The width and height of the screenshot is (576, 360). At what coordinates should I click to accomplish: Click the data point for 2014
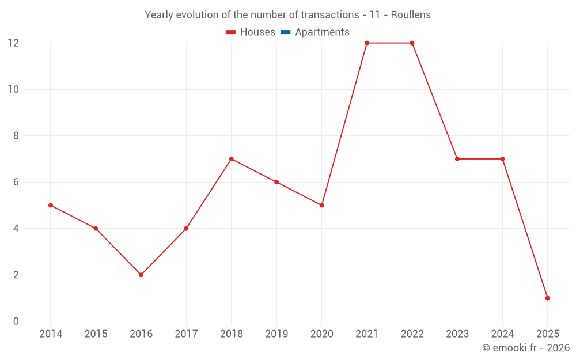click(x=51, y=205)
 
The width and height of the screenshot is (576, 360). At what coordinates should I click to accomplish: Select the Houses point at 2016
click(x=141, y=275)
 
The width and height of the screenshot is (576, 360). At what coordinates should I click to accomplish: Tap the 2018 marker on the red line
click(x=231, y=159)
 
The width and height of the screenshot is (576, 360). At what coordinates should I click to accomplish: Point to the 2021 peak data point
click(x=367, y=43)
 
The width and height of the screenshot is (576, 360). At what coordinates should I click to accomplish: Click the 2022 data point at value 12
click(x=412, y=43)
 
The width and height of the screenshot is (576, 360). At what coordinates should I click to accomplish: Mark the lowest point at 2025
click(x=547, y=298)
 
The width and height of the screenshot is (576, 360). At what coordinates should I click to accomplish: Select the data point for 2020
click(x=321, y=205)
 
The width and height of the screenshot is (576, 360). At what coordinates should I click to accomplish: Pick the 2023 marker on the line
click(x=457, y=159)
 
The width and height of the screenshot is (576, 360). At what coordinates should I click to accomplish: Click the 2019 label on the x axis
click(x=276, y=334)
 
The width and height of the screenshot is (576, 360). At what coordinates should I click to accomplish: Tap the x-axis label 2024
click(x=502, y=334)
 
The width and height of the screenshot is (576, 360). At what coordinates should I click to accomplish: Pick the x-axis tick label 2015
click(x=96, y=334)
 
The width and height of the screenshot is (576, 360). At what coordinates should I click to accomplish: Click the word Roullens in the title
click(x=411, y=15)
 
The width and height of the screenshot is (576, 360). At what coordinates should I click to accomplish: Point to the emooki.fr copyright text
click(x=525, y=348)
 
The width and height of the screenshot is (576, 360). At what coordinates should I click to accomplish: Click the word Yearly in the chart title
click(x=159, y=15)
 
